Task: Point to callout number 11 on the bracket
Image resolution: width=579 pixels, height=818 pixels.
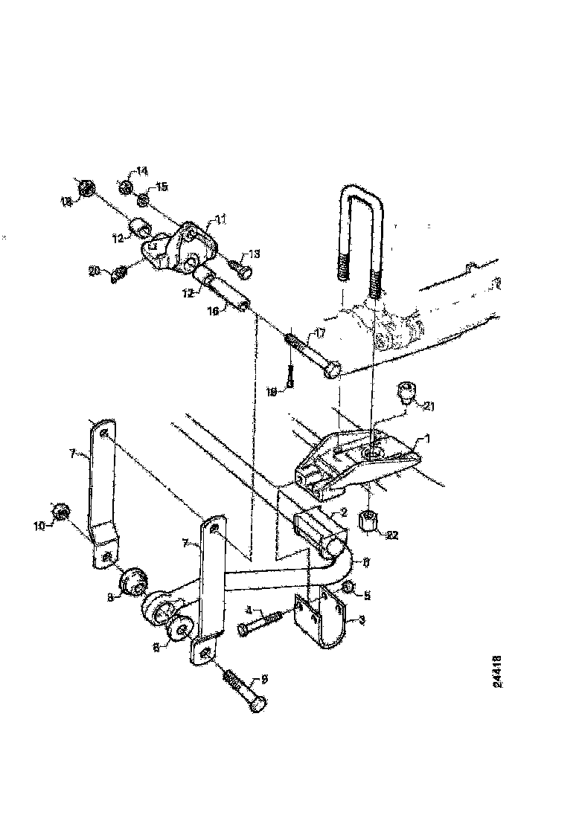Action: tap(220, 218)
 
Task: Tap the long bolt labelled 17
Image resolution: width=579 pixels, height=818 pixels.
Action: tap(313, 356)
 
